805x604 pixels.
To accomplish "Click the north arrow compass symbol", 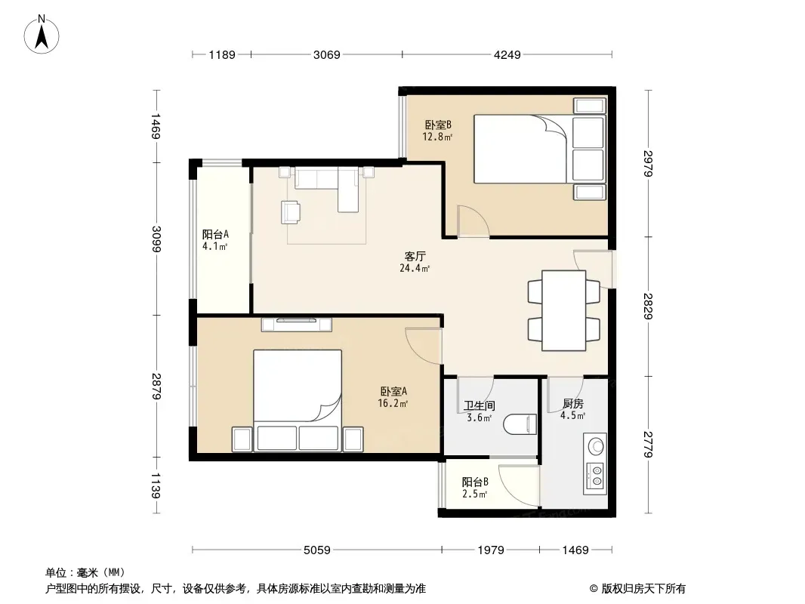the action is coord(42,35).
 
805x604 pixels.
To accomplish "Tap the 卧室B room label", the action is coord(438,125).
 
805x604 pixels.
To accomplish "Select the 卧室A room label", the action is coord(393,392).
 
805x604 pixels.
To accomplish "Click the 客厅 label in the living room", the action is coord(415,256).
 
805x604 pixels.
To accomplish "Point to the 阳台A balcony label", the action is coord(215,235).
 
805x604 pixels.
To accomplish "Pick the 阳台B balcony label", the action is coord(475,482).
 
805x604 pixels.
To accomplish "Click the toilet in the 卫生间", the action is coord(520,424).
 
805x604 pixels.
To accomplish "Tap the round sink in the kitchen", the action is coord(596,445).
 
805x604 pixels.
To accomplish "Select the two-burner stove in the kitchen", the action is coord(596,476).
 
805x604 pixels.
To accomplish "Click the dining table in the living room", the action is coord(564,310).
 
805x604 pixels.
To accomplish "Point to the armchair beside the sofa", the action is coord(291,212).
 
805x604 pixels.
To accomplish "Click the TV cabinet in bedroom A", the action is coord(296,325).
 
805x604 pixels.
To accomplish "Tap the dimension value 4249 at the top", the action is coord(507,54).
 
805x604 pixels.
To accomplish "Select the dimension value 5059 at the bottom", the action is coord(316,550).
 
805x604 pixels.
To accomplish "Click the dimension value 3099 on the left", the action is coord(156,239).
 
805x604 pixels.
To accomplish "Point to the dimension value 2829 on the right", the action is coord(648,307).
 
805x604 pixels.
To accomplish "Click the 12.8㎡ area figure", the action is coord(437,137).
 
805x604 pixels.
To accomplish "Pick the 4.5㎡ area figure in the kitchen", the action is coord(572,416).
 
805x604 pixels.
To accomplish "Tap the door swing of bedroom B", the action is coord(473,220).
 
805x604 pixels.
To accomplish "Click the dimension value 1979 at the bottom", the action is coord(491,550).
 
